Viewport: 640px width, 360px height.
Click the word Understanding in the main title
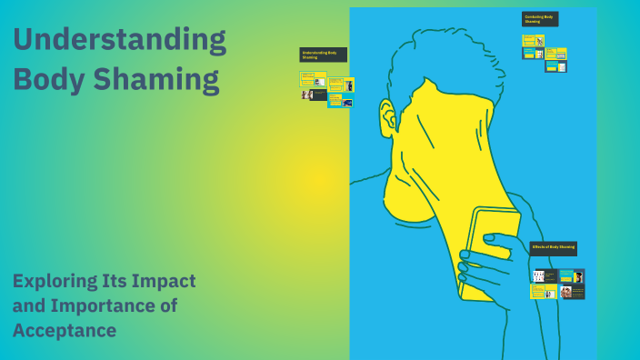pos(119,41)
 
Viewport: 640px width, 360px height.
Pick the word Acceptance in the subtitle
pos(65,330)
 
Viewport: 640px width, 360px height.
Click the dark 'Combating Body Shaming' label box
pos(540,19)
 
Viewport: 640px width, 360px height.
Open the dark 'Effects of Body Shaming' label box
pos(553,248)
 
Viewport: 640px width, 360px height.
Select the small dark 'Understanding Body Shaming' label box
pos(323,55)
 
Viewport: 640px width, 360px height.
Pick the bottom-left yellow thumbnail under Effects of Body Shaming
pos(544,292)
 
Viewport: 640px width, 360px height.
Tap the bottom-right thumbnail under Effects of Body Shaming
pos(573,292)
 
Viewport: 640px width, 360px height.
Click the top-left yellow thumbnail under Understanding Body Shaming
pos(313,79)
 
